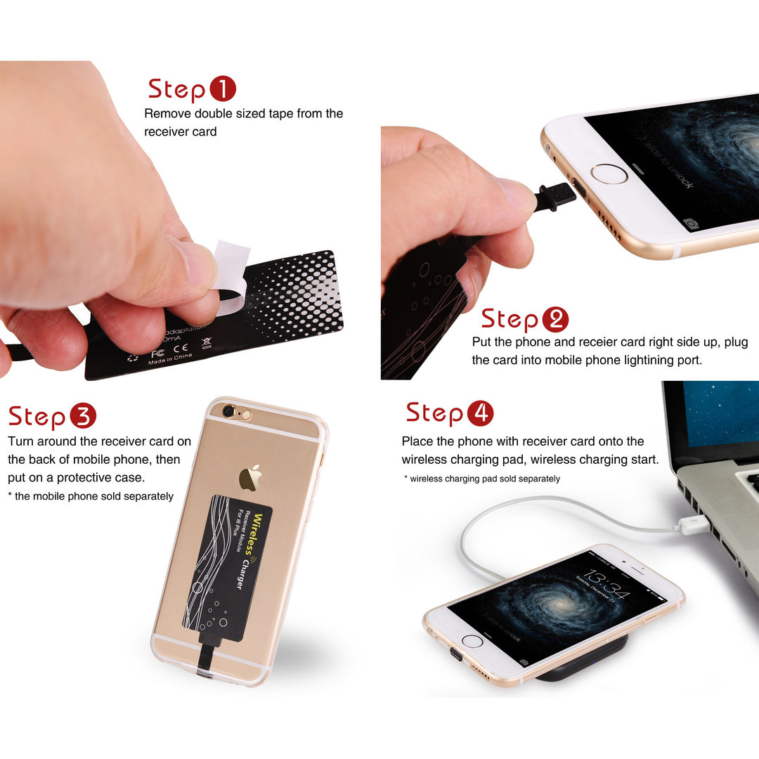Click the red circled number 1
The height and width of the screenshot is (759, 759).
coord(222,89)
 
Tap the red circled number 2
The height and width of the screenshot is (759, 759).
coord(555,320)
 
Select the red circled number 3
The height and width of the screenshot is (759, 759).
coord(82,417)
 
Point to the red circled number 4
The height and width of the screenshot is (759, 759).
coord(480,413)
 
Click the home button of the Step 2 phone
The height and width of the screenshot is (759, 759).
coord(609,174)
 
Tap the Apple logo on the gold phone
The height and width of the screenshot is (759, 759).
coord(249,478)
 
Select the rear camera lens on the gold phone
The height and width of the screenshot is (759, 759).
coord(228,411)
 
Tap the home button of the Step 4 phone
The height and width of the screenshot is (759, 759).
coord(472,641)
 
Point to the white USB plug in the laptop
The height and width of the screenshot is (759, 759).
coord(689,524)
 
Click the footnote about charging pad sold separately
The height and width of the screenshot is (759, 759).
coord(483,479)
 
